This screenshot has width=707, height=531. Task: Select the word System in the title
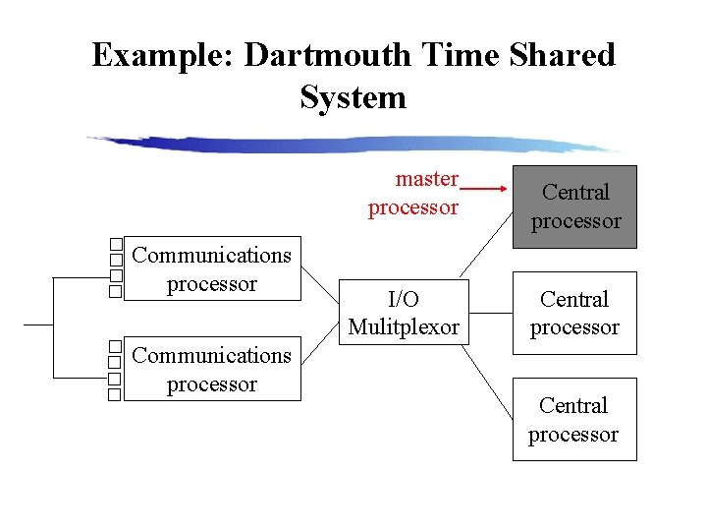[x=353, y=97]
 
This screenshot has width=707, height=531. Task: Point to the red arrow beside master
[x=482, y=187]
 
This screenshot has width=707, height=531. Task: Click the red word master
[x=426, y=179]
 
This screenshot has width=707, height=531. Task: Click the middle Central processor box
[x=574, y=313]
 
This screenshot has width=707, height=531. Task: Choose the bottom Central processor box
[x=574, y=419]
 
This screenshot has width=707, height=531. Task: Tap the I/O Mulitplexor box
[x=404, y=313]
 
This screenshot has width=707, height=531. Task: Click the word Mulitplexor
[x=404, y=327]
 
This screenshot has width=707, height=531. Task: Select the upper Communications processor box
[x=211, y=269]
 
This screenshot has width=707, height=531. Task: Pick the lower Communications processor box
[x=211, y=369]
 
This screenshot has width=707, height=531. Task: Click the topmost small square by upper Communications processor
[x=115, y=244]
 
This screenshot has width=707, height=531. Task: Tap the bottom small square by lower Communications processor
[x=115, y=395]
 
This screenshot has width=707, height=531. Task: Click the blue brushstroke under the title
[x=353, y=144]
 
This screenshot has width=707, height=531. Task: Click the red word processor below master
[x=412, y=208]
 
